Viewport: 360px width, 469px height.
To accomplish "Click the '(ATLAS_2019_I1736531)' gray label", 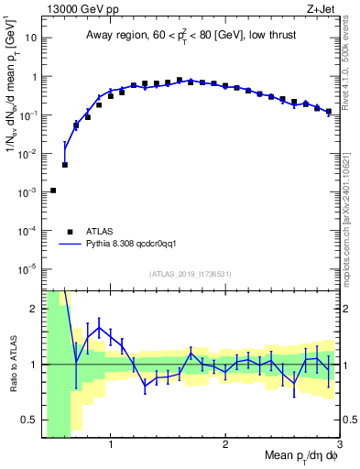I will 191,274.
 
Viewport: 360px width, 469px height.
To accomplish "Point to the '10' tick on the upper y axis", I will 30,39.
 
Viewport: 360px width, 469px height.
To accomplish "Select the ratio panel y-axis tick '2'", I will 32,309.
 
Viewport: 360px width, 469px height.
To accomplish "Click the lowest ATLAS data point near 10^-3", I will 53,191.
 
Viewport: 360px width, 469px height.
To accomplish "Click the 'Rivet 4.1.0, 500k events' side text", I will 349,82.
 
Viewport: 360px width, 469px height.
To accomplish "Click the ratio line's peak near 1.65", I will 99,327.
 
